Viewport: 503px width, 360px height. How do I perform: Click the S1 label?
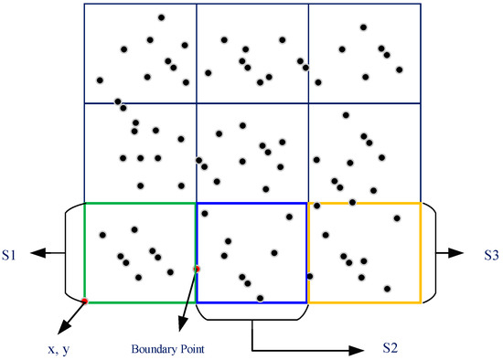pos(12,253)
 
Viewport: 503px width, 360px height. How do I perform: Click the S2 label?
pos(389,348)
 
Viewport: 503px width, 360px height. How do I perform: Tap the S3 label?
pos(490,253)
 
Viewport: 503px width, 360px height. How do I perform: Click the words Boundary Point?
pos(167,347)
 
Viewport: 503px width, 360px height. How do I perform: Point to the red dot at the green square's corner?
pos(84,301)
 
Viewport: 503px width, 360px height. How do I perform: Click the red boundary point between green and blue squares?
pos(197,269)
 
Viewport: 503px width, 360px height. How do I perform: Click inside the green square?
pos(140,253)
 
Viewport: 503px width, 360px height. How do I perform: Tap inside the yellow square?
pos(364,253)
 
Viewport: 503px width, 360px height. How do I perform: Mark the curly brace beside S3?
pos(433,253)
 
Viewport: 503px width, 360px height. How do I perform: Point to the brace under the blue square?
pos(252,316)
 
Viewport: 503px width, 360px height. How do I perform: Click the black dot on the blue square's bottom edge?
pos(261,298)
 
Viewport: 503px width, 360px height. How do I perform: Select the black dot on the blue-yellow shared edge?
pos(309,276)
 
